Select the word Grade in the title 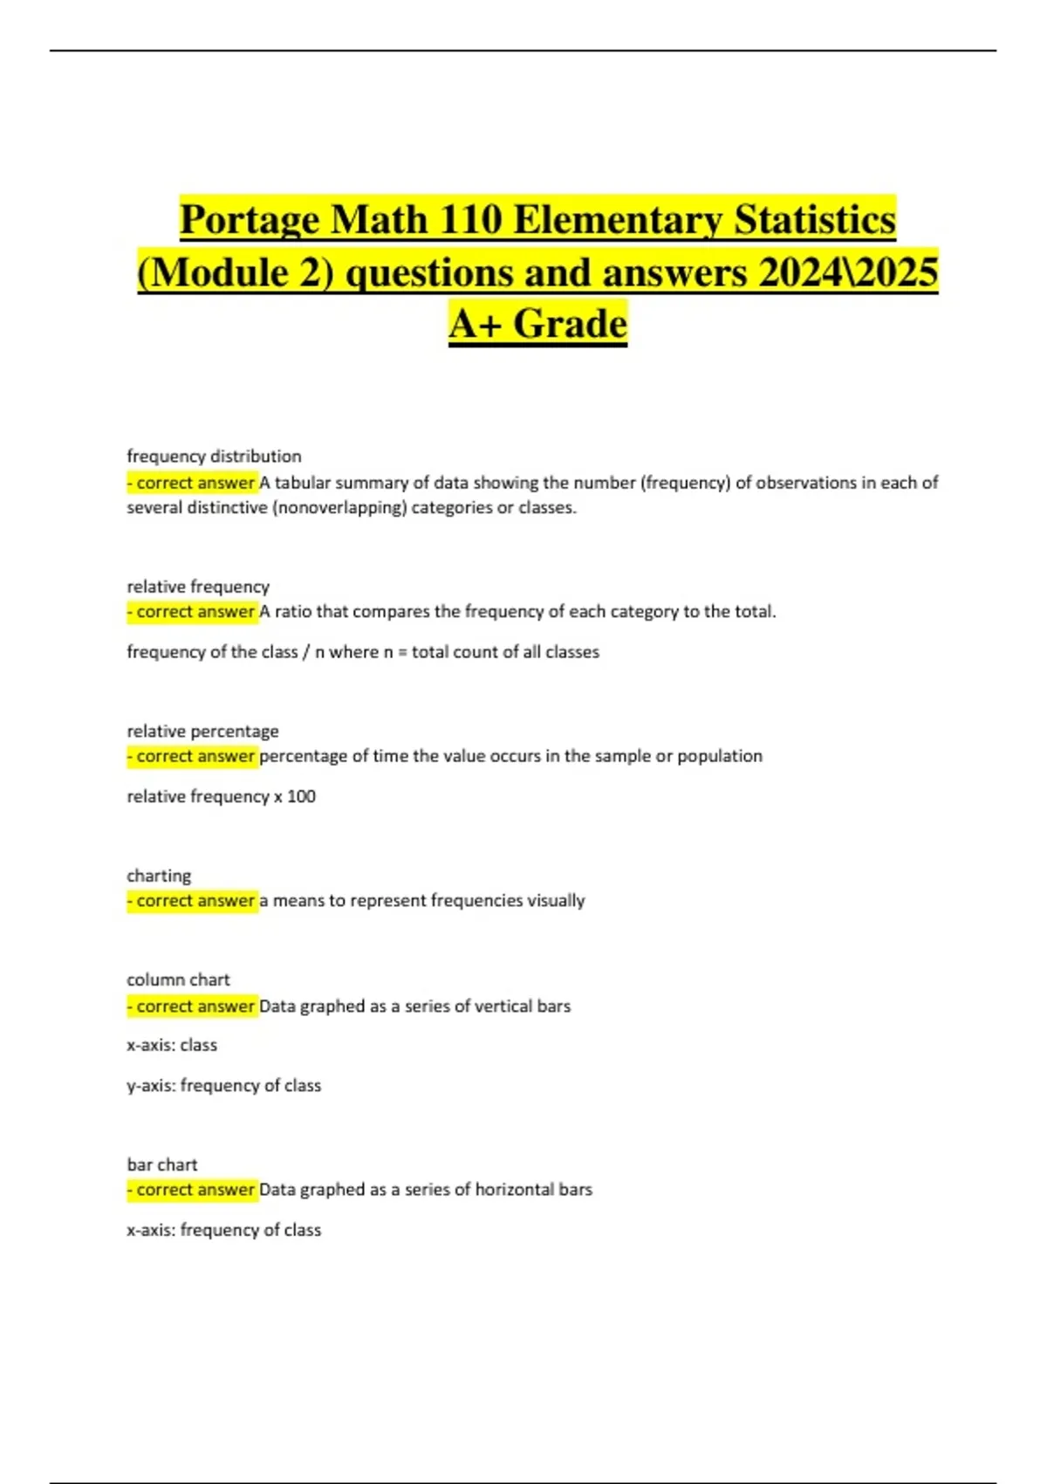pos(570,324)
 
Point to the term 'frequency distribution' pos(214,456)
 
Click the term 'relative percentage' pos(202,731)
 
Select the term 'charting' pos(159,876)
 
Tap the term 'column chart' pos(178,979)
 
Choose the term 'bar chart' pos(162,1165)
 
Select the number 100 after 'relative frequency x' pos(302,796)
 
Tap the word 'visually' pos(556,901)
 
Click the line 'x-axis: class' pos(172,1045)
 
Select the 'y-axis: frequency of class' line pos(223,1086)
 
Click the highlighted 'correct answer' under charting pos(192,901)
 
